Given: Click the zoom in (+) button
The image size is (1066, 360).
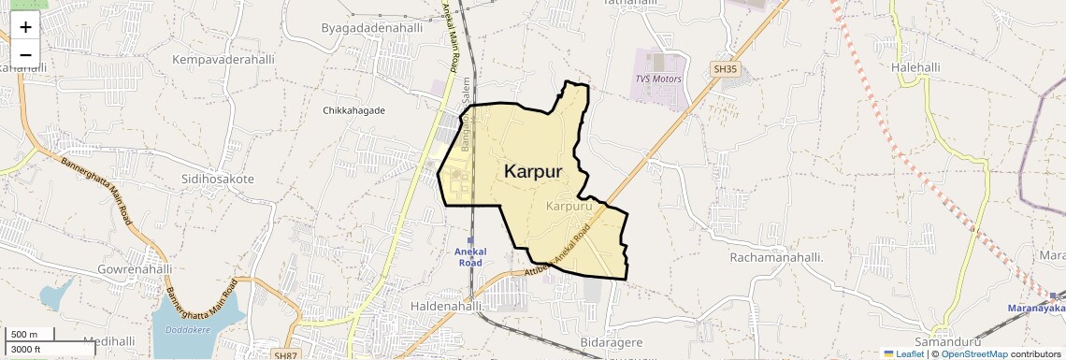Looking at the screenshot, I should click(25, 27).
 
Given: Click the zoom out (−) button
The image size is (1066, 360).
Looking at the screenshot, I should click(25, 54).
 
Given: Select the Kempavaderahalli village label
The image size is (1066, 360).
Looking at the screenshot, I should click(223, 59).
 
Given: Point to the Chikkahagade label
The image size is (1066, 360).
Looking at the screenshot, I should click(353, 110).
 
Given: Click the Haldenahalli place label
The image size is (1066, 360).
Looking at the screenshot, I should click(446, 306).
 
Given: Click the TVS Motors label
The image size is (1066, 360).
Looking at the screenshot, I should click(658, 79).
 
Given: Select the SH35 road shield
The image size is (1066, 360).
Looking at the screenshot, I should click(725, 68).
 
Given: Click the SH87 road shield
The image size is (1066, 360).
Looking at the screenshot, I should click(286, 355).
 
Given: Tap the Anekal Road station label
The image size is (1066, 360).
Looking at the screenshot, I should click(468, 257).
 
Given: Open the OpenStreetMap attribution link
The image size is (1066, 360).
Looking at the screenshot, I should click(973, 353).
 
